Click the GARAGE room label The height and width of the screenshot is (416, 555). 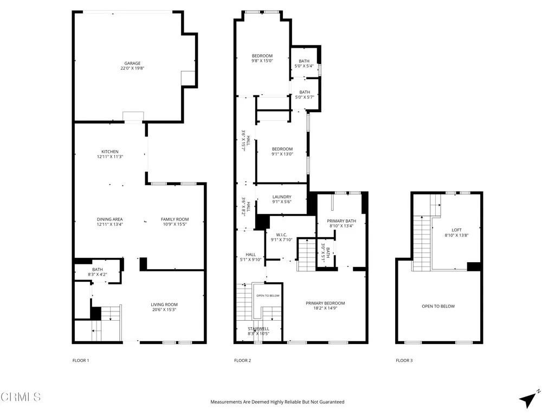click(132, 63)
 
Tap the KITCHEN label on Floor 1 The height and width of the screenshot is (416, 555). click(109, 152)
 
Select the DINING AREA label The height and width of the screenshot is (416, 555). click(109, 219)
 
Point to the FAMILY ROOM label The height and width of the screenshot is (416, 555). click(175, 219)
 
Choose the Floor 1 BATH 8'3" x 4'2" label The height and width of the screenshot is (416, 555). click(98, 272)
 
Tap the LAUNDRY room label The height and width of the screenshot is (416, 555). click(282, 197)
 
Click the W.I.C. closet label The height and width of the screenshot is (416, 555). click(282, 235)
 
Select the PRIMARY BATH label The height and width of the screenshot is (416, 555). click(341, 221)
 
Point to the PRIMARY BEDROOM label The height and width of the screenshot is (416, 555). click(325, 303)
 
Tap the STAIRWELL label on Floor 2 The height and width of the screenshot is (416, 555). click(259, 329)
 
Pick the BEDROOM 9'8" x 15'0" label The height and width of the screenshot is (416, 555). click(262, 56)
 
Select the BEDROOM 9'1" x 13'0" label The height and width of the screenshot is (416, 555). click(282, 149)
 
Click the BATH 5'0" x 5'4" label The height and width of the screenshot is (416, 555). click(304, 61)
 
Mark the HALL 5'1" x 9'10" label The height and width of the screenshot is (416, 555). click(250, 255)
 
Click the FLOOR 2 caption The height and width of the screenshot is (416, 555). click(242, 360)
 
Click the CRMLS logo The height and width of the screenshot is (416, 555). click(21, 397)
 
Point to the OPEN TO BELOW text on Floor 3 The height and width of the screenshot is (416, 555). click(438, 307)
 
